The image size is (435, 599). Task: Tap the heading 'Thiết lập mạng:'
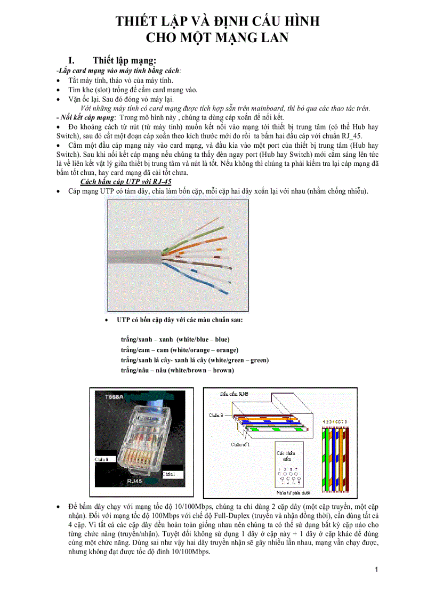(x=124, y=60)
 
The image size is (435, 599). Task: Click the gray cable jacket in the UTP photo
(x=133, y=257)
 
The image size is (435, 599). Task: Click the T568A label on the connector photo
(x=114, y=397)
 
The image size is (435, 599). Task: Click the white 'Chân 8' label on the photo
(x=101, y=459)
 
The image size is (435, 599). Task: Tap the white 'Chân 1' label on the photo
(x=168, y=474)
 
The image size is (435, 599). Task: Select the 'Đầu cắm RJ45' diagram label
(x=235, y=394)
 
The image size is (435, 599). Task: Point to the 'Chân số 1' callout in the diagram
(x=240, y=444)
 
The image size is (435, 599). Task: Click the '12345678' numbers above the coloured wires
(x=335, y=422)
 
